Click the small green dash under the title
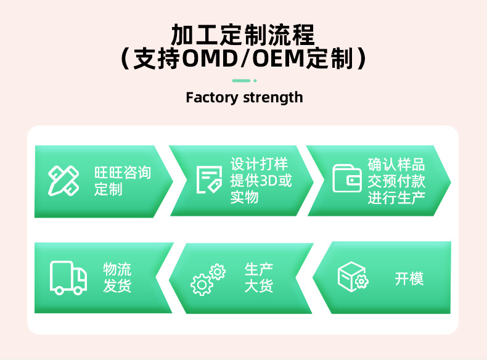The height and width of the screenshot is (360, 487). (242, 81)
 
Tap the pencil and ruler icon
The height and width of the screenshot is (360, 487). (63, 180)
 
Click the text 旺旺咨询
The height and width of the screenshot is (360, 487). (123, 172)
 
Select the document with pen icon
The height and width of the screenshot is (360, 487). (209, 179)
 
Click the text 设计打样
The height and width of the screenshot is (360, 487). (259, 164)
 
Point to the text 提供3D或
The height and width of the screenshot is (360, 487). (261, 181)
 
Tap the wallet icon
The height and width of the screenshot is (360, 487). (347, 179)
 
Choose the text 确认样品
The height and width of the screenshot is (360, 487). (396, 165)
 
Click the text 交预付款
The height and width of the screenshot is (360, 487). (396, 181)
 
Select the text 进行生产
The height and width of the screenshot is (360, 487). (396, 198)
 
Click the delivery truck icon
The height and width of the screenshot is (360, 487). (68, 278)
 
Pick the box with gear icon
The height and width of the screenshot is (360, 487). (353, 277)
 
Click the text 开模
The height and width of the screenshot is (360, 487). (409, 279)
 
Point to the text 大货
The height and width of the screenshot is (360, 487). (259, 287)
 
